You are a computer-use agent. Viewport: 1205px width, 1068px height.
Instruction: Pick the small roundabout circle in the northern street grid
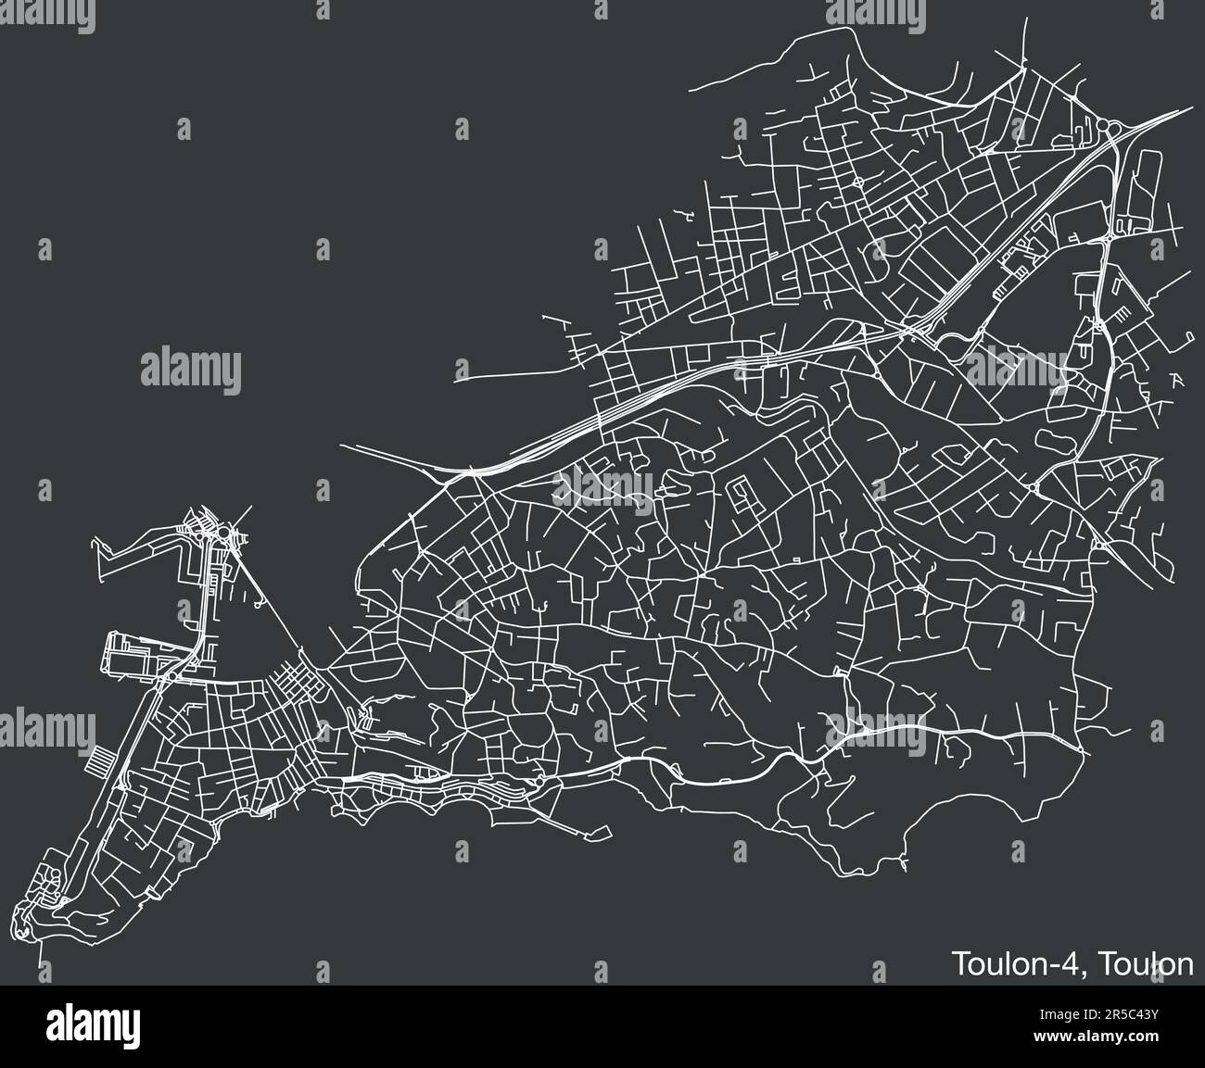[x=858, y=182]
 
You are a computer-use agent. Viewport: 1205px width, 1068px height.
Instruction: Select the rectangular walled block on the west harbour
[x=130, y=655]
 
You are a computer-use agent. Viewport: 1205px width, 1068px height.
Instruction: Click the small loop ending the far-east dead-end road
[x=1186, y=333]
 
